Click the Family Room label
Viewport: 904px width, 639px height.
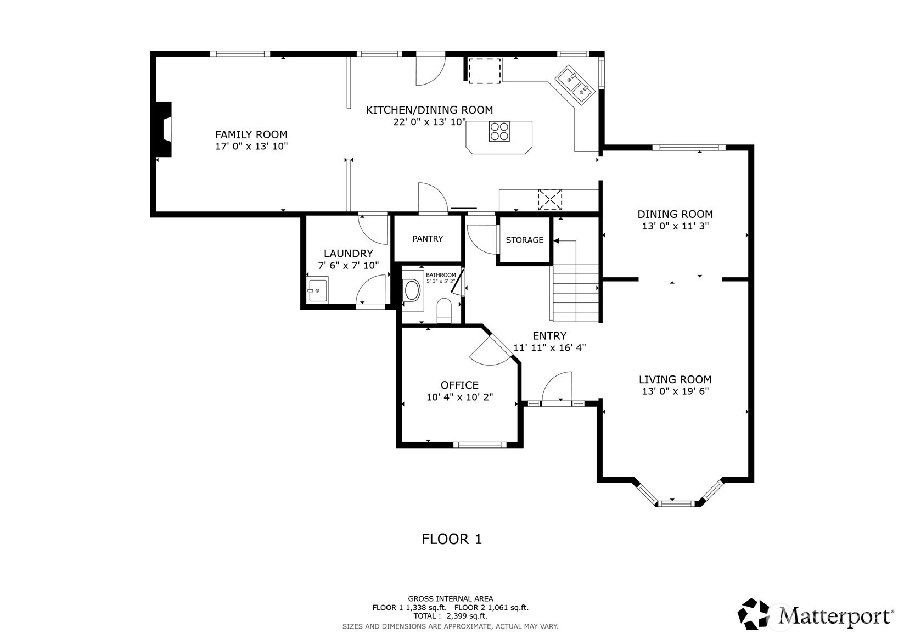point(251,134)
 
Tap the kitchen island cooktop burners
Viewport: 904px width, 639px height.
point(499,131)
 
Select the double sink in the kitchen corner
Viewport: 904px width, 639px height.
point(575,85)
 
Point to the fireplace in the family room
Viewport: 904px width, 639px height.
point(164,129)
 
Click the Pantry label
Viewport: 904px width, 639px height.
point(428,239)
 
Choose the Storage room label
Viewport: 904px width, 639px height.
point(525,240)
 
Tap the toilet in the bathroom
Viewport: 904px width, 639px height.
point(445,310)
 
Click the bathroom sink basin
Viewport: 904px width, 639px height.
point(412,290)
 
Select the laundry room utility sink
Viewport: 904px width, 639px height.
point(318,289)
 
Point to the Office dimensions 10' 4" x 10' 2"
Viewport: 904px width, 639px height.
point(459,397)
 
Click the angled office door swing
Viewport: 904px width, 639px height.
point(491,351)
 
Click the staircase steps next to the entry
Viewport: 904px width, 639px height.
point(575,293)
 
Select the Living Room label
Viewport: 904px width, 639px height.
point(675,379)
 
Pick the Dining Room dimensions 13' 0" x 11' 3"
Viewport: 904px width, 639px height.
point(675,226)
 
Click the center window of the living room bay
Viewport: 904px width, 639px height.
point(676,503)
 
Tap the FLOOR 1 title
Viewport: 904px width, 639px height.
point(452,539)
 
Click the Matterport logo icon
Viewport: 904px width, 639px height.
point(753,614)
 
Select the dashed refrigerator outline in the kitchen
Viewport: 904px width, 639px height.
point(485,71)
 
